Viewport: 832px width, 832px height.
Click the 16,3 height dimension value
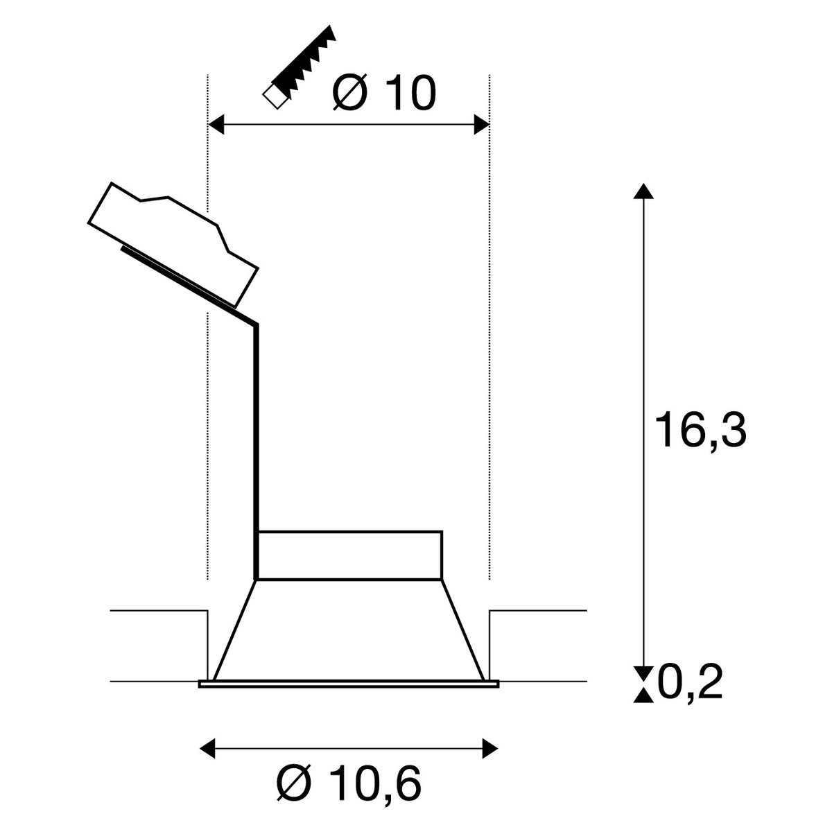click(701, 431)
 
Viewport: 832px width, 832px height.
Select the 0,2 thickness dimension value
click(690, 683)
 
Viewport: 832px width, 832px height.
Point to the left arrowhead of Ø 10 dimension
click(217, 125)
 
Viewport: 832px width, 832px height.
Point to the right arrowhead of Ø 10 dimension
click(481, 125)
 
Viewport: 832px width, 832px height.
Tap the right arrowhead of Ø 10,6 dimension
click(490, 747)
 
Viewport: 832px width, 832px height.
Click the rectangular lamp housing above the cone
click(350, 555)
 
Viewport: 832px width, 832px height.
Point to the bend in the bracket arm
click(257, 324)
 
